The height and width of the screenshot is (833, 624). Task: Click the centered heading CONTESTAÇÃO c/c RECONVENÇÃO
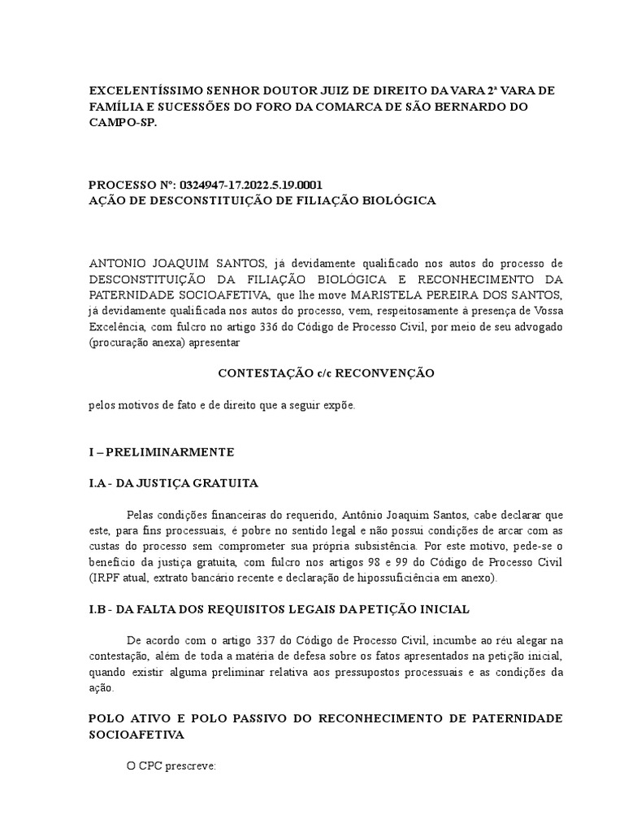click(326, 373)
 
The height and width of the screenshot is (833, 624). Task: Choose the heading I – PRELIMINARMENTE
click(162, 451)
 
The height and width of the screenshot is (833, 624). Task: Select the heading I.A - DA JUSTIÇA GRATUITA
click(173, 483)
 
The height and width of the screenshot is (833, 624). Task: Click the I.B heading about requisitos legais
click(279, 609)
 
